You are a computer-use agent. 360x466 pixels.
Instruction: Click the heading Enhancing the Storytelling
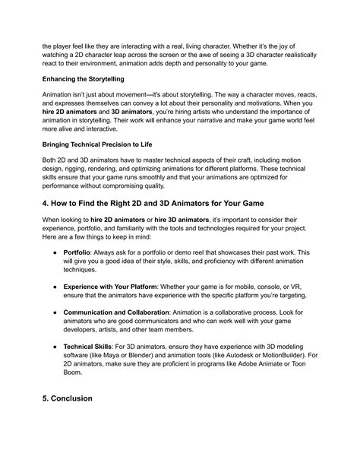84,79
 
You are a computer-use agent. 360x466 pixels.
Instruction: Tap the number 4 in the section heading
46,225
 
